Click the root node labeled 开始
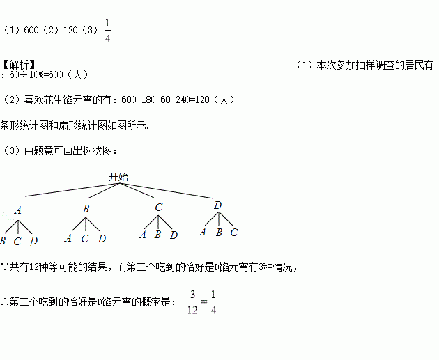pos(118,177)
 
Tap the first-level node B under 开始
pos(86,208)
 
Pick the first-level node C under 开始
pos(159,207)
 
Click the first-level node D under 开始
pos(217,205)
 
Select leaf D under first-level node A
pos(33,241)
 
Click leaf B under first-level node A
pos(3,241)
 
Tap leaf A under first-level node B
pos(68,238)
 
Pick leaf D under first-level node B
pos(102,239)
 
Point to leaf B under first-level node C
pos(158,235)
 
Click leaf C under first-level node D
pos(234,233)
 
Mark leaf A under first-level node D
pos(202,233)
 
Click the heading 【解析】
pos(18,64)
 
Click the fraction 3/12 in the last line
pos(193,304)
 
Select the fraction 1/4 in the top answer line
pos(107,31)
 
